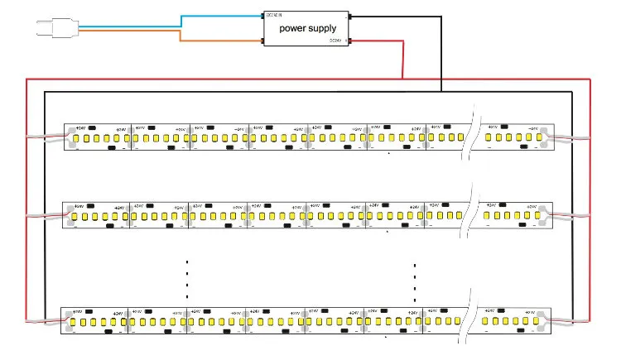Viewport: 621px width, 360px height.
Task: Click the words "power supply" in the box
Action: tap(308, 29)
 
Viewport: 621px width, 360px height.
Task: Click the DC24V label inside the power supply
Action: tap(335, 40)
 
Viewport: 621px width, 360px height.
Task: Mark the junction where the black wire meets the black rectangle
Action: tap(441, 91)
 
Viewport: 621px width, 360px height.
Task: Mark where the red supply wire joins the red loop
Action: tap(402, 79)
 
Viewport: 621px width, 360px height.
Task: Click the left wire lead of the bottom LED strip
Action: tap(43, 320)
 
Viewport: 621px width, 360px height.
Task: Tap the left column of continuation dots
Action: tap(187, 276)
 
